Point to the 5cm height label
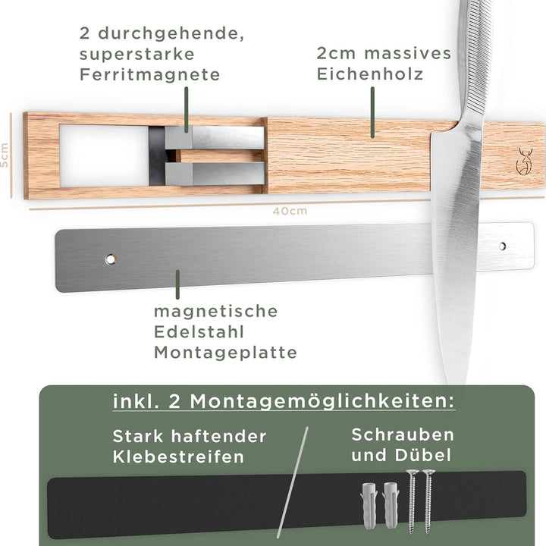tap(5, 155)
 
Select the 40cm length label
tap(290, 211)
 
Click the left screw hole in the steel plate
tap(111, 259)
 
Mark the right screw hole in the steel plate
tap(502, 246)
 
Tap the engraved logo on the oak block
tap(522, 161)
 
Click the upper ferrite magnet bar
tap(215, 137)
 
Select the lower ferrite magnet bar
tap(215, 174)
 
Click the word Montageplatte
tap(225, 353)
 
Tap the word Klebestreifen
tap(178, 457)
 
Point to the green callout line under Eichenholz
tap(372, 111)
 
